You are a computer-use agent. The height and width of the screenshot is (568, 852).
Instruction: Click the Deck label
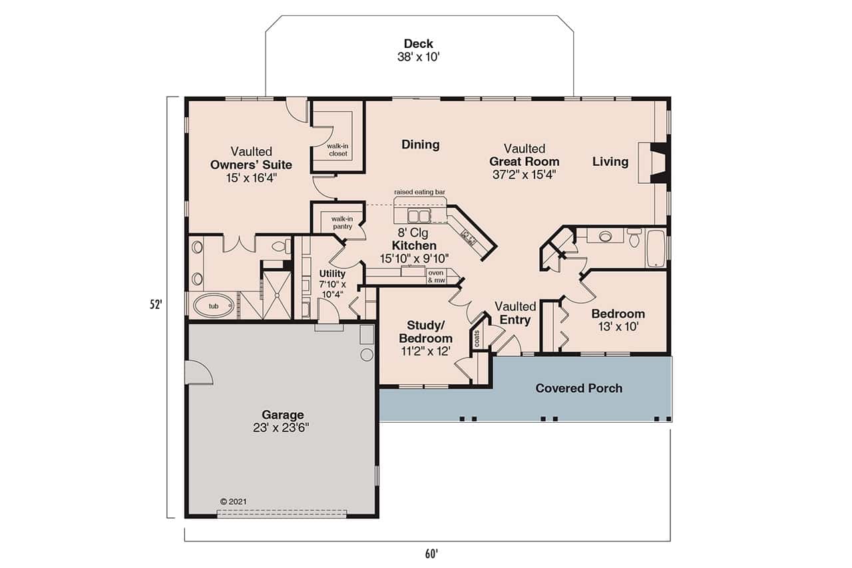[x=419, y=45]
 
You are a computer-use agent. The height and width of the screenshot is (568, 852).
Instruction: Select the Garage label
[x=282, y=415]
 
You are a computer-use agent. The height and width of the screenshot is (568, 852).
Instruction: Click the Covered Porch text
[x=578, y=388]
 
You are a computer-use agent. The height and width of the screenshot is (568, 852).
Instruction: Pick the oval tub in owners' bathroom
[x=214, y=306]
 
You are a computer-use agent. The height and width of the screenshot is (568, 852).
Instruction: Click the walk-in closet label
[x=337, y=149]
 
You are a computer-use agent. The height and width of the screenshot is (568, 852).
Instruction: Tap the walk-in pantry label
[x=342, y=222]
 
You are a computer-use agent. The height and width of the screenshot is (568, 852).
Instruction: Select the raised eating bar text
[x=419, y=192]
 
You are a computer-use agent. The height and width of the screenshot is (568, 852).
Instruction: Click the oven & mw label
[x=436, y=276]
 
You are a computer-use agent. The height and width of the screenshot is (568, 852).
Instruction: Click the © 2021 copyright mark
[x=233, y=501]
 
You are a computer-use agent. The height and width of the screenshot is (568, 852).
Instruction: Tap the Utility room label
[x=332, y=274]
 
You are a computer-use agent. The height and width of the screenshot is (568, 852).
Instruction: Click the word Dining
[x=420, y=144]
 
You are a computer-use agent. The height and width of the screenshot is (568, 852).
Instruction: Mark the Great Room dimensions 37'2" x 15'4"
[x=524, y=174]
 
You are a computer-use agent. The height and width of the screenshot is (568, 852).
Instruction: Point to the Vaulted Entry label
[x=515, y=313]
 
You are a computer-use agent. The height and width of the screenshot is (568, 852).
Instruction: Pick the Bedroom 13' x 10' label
[x=618, y=320]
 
